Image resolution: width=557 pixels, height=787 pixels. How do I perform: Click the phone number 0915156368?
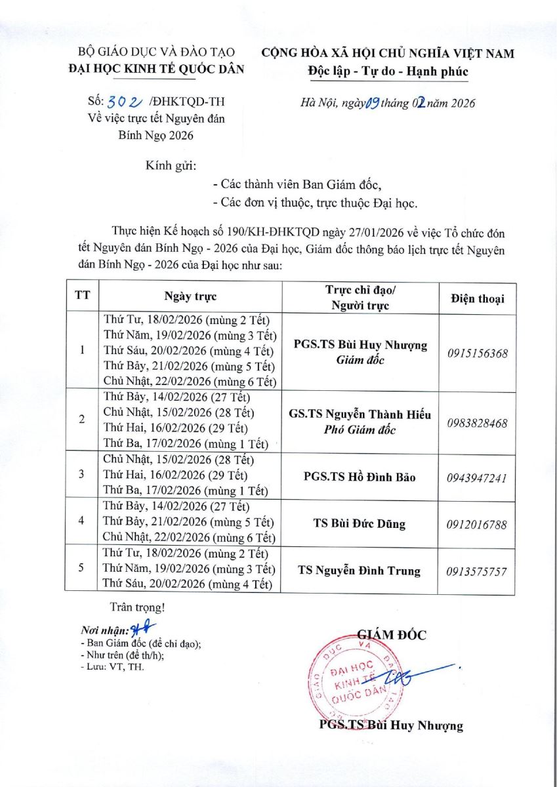pyautogui.click(x=478, y=353)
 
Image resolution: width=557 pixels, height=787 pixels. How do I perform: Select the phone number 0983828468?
pyautogui.click(x=478, y=424)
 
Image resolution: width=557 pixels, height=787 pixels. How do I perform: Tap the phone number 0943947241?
pyautogui.click(x=478, y=477)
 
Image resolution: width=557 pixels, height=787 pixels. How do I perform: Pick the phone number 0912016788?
pyautogui.click(x=478, y=524)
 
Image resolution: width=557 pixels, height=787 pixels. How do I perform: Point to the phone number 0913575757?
pyautogui.click(x=478, y=571)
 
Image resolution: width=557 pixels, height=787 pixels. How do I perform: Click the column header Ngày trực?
pyautogui.click(x=190, y=296)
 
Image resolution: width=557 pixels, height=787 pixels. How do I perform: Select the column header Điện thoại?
pyautogui.click(x=478, y=298)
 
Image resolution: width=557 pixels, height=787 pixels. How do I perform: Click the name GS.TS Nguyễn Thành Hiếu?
pyautogui.click(x=360, y=415)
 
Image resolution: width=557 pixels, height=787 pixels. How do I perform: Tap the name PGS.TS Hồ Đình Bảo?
pyautogui.click(x=360, y=477)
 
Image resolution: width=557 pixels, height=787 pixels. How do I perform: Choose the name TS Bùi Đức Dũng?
pyautogui.click(x=360, y=523)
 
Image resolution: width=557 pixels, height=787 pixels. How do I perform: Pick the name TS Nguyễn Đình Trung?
pyautogui.click(x=360, y=571)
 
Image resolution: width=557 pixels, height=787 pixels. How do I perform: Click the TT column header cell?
pyautogui.click(x=82, y=296)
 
